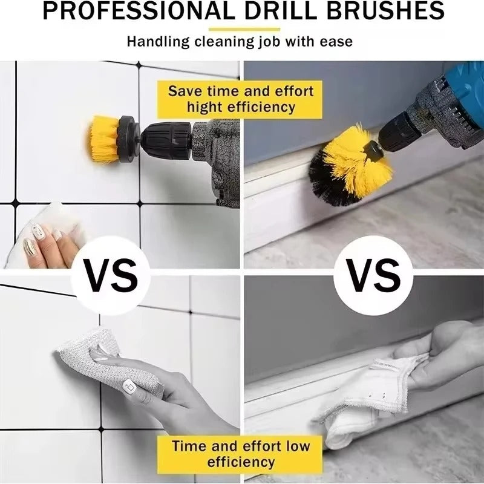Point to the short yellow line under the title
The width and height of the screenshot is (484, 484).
(244, 29)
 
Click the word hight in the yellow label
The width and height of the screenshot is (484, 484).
(206, 108)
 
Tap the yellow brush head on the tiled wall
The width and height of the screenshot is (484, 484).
(103, 139)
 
